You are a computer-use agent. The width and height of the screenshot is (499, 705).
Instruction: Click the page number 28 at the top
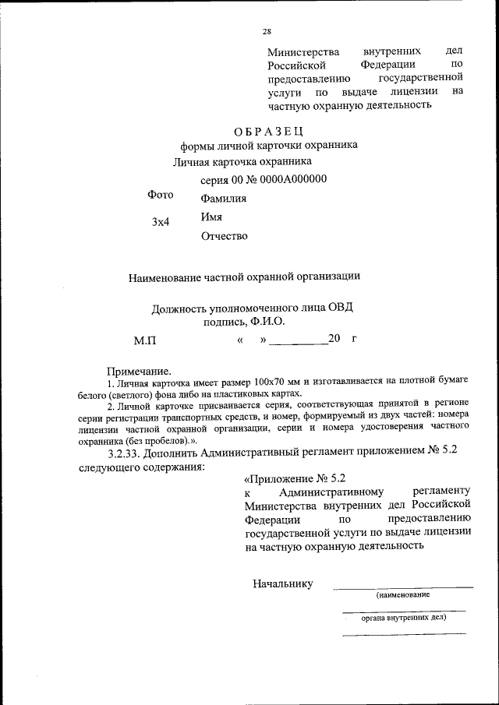267,32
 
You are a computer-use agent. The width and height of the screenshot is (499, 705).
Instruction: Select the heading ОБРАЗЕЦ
268,129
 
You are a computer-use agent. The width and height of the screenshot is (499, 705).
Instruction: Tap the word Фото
161,195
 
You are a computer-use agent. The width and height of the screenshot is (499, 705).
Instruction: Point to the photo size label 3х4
161,222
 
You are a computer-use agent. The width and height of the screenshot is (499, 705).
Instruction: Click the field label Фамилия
224,199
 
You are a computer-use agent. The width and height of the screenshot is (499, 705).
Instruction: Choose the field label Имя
212,217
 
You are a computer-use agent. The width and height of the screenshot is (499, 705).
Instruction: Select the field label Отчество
225,236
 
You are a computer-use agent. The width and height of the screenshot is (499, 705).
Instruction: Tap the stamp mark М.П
145,340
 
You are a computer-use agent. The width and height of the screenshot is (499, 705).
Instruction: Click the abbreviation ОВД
338,307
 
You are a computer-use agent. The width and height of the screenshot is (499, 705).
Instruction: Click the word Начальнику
282,583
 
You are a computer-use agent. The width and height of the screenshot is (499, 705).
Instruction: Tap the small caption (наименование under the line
403,594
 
